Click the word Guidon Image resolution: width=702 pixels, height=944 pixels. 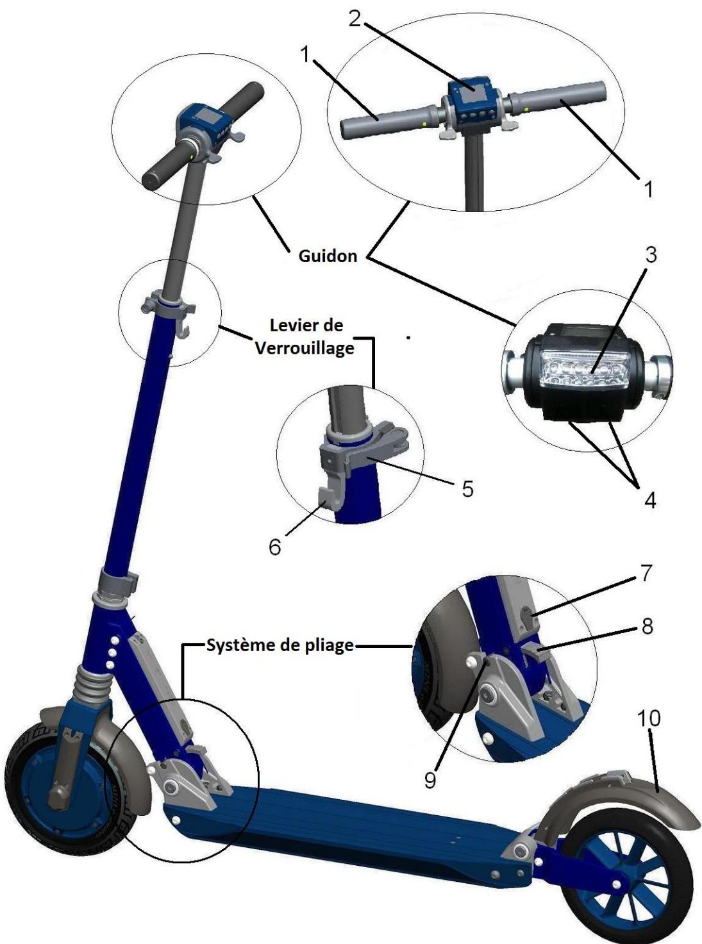pyautogui.click(x=328, y=256)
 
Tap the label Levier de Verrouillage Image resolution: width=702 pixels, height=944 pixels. pyautogui.click(x=305, y=336)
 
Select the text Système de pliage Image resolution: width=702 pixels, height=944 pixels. pyautogui.click(x=280, y=645)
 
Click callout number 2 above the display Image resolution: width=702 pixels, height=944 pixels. pyautogui.click(x=355, y=19)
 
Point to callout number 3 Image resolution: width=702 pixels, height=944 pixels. pyautogui.click(x=651, y=254)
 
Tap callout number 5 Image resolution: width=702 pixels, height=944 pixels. pyautogui.click(x=467, y=488)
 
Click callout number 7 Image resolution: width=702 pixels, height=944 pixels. pyautogui.click(x=646, y=572)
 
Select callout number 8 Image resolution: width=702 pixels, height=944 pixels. pyautogui.click(x=648, y=626)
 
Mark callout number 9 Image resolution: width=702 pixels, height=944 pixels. pyautogui.click(x=430, y=779)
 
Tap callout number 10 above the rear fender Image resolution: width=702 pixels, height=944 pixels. pyautogui.click(x=649, y=718)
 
